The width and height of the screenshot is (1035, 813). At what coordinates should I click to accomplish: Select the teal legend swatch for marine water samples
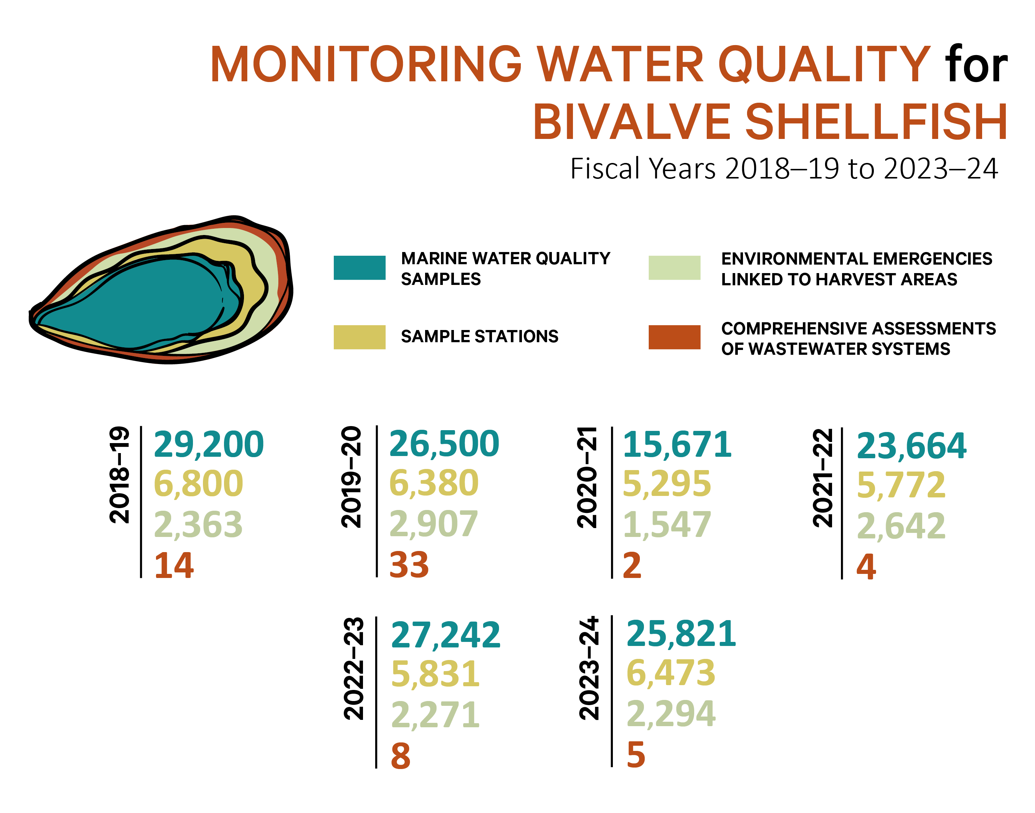[x=359, y=268]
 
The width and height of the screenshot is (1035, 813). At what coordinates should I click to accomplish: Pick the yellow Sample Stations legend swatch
[x=359, y=337]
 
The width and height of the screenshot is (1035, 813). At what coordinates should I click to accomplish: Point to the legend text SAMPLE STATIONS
[x=479, y=337]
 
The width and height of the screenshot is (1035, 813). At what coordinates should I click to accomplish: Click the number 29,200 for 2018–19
[x=208, y=445]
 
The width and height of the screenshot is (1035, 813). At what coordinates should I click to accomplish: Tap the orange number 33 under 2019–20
[x=408, y=565]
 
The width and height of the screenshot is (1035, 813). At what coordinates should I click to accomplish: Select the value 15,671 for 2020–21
[x=676, y=445]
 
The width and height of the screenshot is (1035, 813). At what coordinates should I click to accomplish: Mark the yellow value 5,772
[x=900, y=486]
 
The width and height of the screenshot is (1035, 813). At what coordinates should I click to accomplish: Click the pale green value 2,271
[x=435, y=715]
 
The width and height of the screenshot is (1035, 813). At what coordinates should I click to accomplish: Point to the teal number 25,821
[x=681, y=634]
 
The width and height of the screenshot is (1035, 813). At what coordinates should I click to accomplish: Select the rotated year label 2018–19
[x=119, y=475]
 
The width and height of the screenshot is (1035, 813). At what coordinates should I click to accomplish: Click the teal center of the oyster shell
[x=143, y=305]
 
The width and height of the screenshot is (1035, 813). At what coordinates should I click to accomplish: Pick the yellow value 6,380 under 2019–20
[x=433, y=483]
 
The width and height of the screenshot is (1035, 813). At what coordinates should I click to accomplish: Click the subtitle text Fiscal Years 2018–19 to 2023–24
[x=784, y=169]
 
